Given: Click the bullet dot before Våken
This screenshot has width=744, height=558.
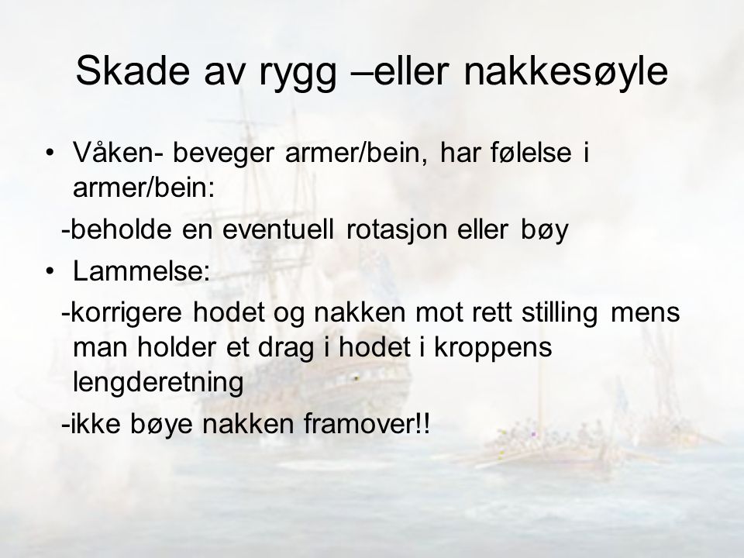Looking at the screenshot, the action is (x=50, y=153).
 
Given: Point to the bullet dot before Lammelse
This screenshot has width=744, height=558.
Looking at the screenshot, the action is (x=50, y=271).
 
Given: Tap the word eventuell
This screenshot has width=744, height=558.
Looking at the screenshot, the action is (x=278, y=230).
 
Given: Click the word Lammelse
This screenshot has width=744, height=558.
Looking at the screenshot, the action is (x=141, y=271).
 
